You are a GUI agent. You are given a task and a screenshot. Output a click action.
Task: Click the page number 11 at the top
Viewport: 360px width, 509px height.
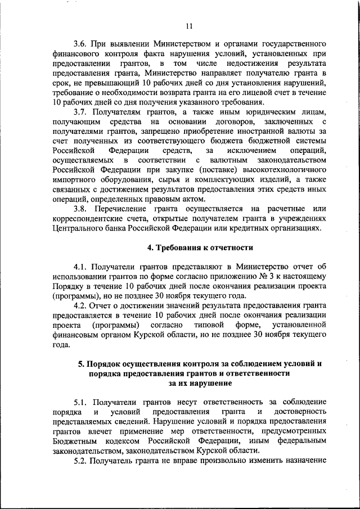click(189, 25)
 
